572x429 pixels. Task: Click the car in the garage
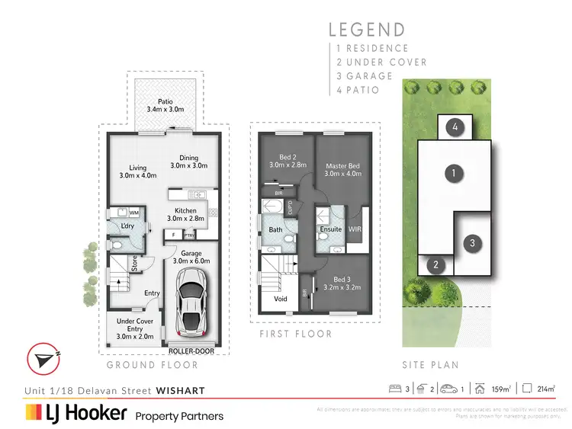(191, 303)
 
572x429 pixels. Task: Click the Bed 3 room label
(343, 283)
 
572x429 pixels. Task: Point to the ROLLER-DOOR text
(191, 351)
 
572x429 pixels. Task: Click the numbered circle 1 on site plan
(454, 173)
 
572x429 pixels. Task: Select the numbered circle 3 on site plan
(472, 243)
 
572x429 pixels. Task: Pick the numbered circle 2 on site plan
(435, 265)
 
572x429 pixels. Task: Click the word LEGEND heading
(367, 30)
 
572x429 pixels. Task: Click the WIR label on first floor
(355, 229)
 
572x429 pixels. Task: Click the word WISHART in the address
(180, 391)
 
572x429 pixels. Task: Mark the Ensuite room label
(330, 229)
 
